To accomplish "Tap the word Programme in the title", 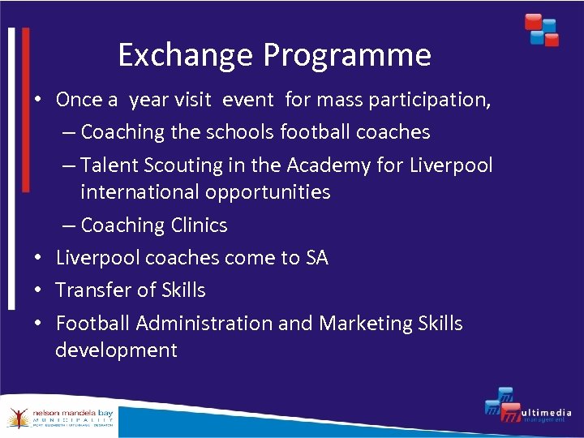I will (x=347, y=55).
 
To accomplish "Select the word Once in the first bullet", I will (x=79, y=100).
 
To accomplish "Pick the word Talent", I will (x=111, y=165).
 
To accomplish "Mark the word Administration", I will (x=205, y=323).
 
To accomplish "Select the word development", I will (x=116, y=350).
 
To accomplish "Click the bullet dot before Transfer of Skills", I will (x=38, y=290).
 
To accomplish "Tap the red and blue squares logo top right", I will (x=541, y=29).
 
